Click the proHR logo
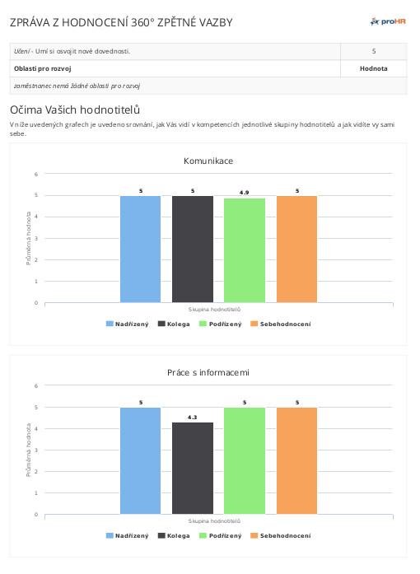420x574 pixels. [x=388, y=21]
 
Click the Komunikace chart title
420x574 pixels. [x=208, y=161]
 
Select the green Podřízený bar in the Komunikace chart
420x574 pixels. [x=245, y=250]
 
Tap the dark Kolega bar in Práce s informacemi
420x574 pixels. [x=193, y=469]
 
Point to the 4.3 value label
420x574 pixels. [x=192, y=418]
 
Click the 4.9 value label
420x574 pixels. [x=245, y=193]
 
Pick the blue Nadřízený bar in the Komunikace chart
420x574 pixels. [x=141, y=250]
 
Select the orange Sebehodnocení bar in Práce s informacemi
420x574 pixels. [x=297, y=461]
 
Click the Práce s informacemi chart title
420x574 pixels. [x=208, y=373]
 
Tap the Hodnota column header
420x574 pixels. [x=374, y=68]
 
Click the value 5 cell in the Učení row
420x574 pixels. [x=374, y=51]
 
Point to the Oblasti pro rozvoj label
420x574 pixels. [x=43, y=68]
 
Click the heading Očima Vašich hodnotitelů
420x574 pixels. [x=75, y=110]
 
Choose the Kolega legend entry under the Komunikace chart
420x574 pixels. [x=174, y=324]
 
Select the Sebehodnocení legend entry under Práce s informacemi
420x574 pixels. [x=281, y=535]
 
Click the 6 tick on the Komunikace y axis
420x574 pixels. [x=36, y=175]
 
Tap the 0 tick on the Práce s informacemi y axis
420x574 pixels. [x=36, y=515]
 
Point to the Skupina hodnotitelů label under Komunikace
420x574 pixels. [x=215, y=310]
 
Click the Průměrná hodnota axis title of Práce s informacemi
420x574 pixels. [x=29, y=450]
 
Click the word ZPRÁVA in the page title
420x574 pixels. [x=30, y=22]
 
